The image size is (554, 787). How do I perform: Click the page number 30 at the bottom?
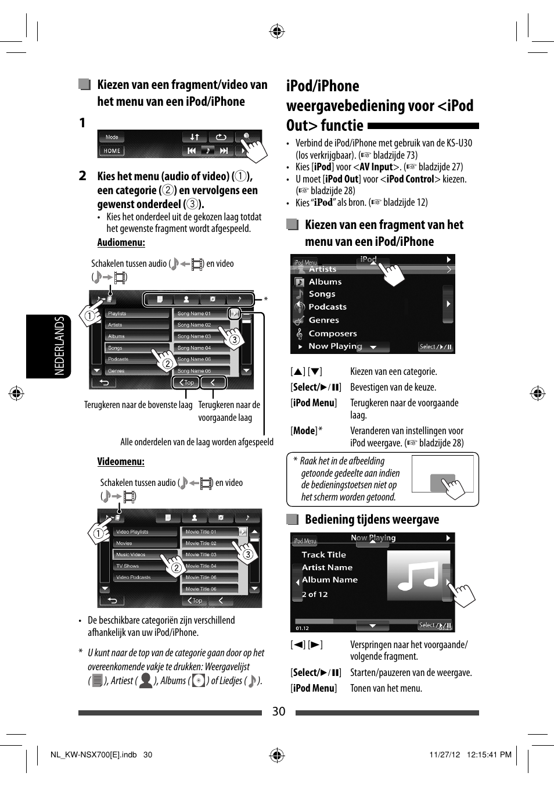click(279, 711)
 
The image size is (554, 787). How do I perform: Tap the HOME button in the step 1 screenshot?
click(112, 151)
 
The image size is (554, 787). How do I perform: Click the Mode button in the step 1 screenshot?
click(112, 137)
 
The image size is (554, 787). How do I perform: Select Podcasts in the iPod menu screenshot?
click(327, 307)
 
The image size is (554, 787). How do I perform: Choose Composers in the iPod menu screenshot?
click(332, 334)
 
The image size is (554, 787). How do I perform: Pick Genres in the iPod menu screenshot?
click(323, 320)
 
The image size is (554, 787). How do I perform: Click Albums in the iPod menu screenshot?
click(325, 282)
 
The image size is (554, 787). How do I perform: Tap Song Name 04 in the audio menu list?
click(195, 348)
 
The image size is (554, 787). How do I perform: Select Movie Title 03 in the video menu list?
click(202, 555)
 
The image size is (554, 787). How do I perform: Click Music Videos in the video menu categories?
click(131, 555)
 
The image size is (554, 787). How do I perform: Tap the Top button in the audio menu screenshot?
click(186, 382)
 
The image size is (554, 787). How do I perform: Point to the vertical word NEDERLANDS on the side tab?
click(59, 346)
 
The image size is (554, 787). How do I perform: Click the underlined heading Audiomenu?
click(121, 243)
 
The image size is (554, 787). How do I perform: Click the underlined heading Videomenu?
click(121, 462)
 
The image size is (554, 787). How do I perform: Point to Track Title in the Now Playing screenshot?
click(323, 555)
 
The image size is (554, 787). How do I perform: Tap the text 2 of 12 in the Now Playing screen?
click(315, 595)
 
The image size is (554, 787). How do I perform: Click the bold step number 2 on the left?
click(82, 176)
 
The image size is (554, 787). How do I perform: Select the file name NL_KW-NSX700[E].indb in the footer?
click(93, 755)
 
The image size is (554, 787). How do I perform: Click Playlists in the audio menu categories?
click(117, 314)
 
